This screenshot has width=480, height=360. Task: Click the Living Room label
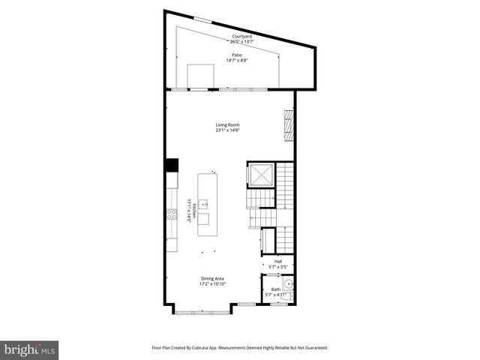227,124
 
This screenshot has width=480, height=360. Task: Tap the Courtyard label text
241,36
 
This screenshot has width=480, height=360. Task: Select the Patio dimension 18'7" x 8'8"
236,60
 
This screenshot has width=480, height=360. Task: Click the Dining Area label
213,279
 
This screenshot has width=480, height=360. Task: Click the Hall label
277,261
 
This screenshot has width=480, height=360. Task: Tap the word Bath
275,289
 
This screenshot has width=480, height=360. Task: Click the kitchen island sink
203,204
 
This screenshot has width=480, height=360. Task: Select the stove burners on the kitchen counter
172,214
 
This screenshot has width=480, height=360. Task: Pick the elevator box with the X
262,175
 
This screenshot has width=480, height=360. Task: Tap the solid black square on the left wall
172,166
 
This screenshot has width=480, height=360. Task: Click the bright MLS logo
30,349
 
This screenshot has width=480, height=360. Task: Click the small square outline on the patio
201,75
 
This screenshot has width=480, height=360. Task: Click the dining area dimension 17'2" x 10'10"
213,284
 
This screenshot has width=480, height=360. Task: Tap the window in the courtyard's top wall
202,19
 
